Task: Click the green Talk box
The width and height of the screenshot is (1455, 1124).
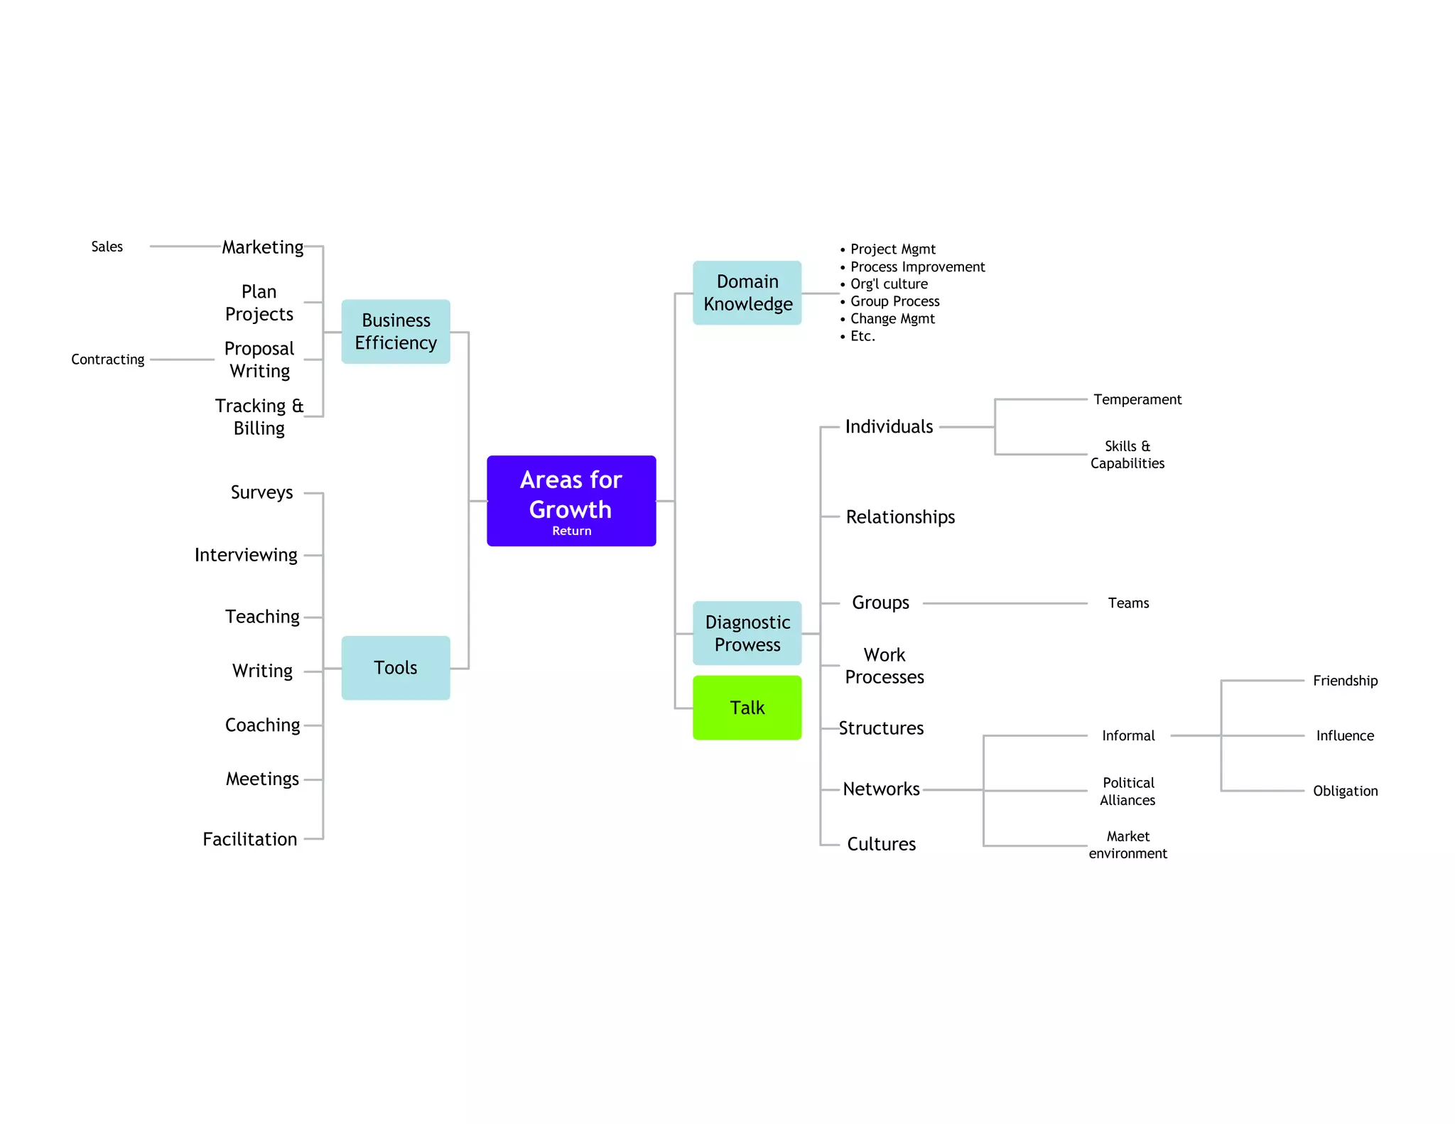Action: pos(747,708)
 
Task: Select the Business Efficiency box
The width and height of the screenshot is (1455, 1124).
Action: pos(396,332)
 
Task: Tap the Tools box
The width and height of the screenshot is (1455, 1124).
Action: pos(396,668)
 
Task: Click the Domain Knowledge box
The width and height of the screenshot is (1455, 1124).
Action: pos(747,293)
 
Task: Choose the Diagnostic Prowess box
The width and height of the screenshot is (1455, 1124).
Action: pos(747,633)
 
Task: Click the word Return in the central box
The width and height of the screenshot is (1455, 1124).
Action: pos(571,531)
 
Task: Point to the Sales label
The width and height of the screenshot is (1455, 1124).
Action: pos(107,247)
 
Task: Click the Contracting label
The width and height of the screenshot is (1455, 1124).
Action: pos(108,360)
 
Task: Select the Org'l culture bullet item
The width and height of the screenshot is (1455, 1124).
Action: pos(889,284)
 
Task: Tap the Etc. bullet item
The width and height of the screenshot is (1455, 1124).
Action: pos(862,336)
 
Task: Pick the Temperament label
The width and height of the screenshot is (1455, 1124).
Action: pos(1137,399)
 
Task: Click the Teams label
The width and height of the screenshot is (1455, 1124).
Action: pos(1128,603)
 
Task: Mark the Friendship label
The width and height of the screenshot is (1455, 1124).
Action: pos(1345,681)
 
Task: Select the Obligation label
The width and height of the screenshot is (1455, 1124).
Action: pos(1345,791)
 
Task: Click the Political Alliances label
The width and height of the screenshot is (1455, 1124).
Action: pos(1127,791)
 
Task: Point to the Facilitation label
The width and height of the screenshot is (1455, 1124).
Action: pos(250,839)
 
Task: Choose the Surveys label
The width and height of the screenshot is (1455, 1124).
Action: pos(261,492)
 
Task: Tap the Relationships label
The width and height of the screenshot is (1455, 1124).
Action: pos(900,517)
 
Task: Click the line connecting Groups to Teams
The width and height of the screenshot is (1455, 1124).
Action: pos(1005,603)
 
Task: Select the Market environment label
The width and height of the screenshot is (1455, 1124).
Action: pos(1127,845)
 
